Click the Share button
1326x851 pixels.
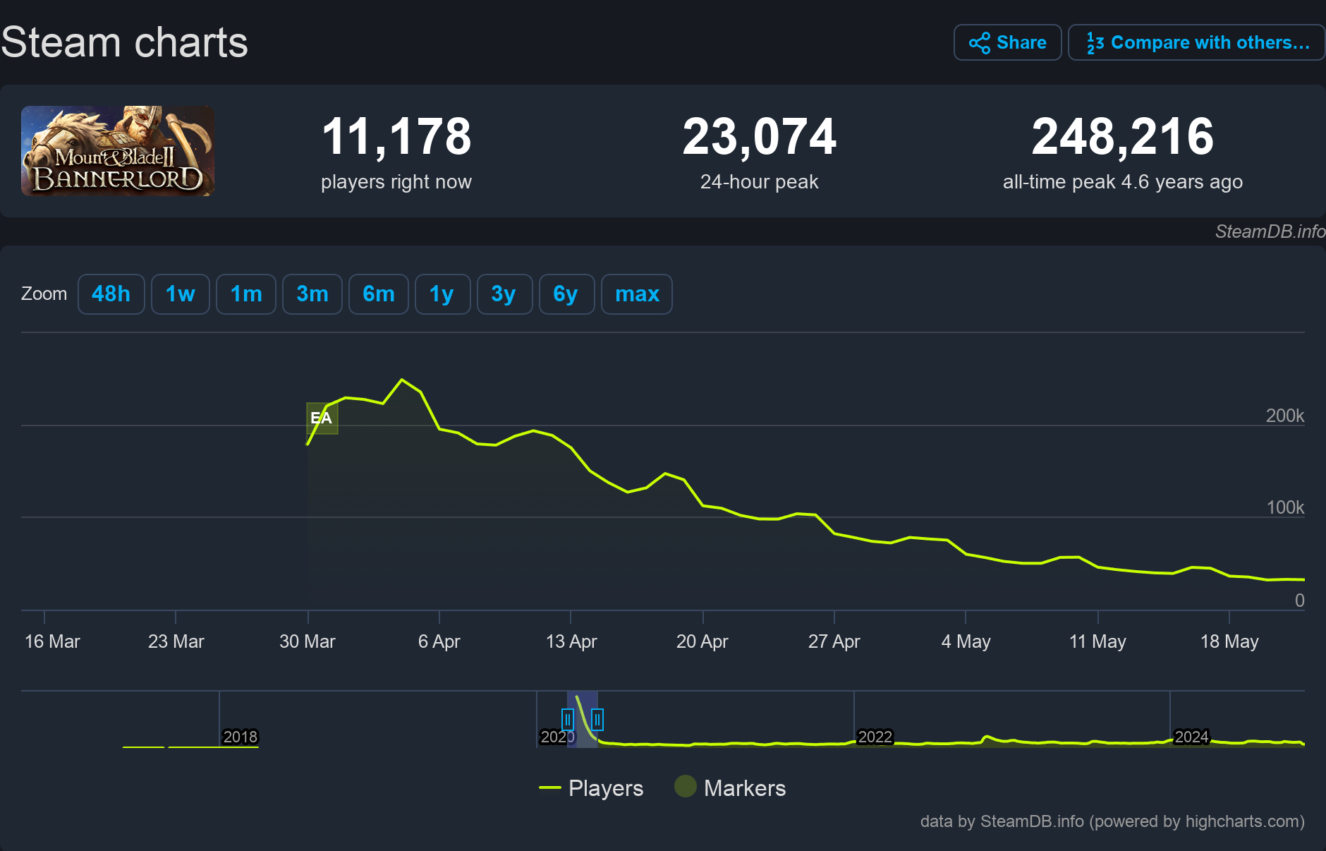(1007, 42)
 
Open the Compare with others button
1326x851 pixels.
(1196, 42)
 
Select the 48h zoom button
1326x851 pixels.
(111, 294)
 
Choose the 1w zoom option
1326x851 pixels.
(180, 294)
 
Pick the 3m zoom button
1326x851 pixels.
(312, 294)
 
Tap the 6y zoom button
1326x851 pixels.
(566, 294)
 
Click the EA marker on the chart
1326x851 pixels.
(322, 418)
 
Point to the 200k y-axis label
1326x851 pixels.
(1284, 416)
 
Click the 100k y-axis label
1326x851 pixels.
(1284, 507)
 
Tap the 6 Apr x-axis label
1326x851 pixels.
(439, 641)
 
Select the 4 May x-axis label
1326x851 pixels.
(966, 641)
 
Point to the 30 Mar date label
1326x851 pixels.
(308, 641)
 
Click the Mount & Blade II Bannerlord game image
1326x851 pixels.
(118, 151)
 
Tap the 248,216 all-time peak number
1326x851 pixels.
(1122, 136)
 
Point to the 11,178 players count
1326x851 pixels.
(396, 136)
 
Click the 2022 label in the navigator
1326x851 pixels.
(875, 737)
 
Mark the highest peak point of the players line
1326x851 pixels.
(402, 380)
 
